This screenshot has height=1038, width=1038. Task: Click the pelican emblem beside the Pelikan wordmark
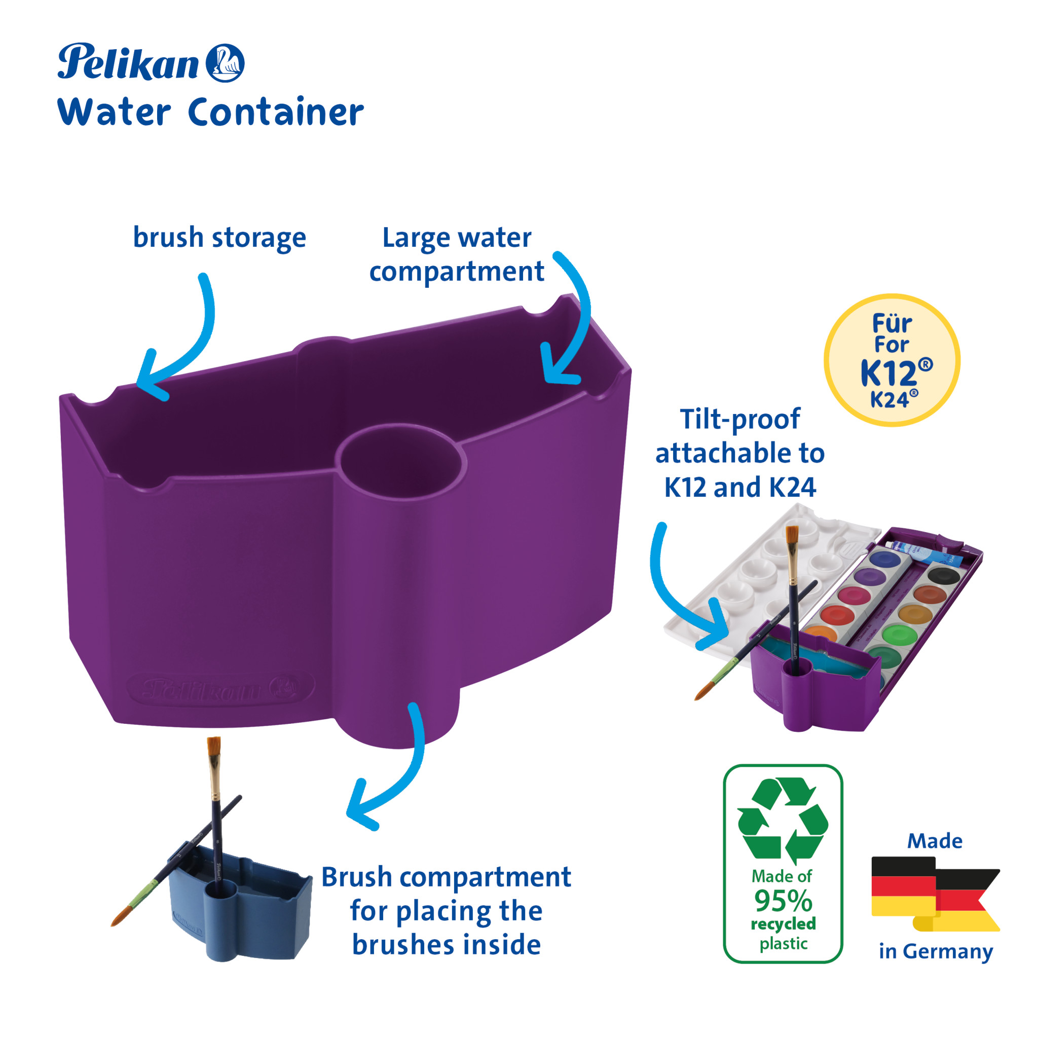coord(225,63)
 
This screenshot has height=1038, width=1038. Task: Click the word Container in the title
coord(276,113)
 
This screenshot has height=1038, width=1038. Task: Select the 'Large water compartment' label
coord(457,254)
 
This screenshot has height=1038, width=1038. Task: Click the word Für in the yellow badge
coord(892,323)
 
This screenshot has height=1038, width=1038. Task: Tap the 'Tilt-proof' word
coord(740,419)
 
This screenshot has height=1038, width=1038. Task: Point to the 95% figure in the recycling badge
coord(783,902)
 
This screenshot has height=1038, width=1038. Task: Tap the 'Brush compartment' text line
coord(446,877)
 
